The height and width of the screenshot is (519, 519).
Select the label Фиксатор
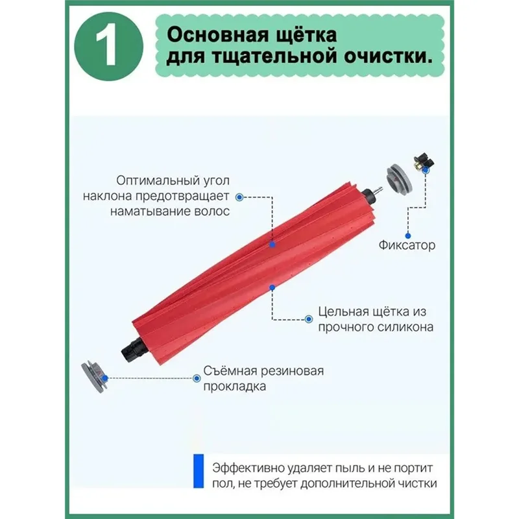(x=407, y=245)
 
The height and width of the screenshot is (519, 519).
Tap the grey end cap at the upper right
(x=397, y=177)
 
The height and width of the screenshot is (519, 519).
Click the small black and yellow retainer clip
(x=424, y=164)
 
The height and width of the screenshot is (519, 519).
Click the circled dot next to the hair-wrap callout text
(x=239, y=195)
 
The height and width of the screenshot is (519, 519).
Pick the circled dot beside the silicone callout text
(x=308, y=318)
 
